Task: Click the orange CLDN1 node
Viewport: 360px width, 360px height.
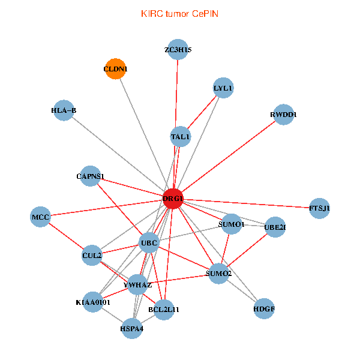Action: click(115, 69)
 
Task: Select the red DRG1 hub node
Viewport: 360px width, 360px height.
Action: click(173, 199)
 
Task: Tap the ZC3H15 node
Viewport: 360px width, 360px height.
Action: click(178, 50)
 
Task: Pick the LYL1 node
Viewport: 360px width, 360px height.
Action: click(223, 88)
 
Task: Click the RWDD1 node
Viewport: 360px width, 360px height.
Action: click(283, 115)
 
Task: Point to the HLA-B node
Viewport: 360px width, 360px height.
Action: click(64, 110)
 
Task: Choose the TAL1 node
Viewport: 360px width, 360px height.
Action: click(180, 136)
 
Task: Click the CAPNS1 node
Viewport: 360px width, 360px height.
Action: click(90, 176)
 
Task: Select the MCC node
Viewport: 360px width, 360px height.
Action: click(40, 216)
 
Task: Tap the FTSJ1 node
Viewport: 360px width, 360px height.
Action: click(319, 208)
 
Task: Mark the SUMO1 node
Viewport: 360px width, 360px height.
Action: click(231, 224)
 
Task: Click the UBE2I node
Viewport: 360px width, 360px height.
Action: click(275, 227)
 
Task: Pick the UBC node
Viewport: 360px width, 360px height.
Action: click(148, 243)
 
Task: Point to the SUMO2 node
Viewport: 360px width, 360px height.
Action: click(218, 274)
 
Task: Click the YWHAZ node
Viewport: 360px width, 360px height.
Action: click(137, 284)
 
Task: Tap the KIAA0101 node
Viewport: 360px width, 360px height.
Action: click(93, 301)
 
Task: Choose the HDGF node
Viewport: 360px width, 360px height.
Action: click(264, 309)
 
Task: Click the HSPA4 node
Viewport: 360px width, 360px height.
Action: click(132, 328)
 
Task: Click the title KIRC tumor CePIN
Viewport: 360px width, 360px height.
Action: click(179, 13)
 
